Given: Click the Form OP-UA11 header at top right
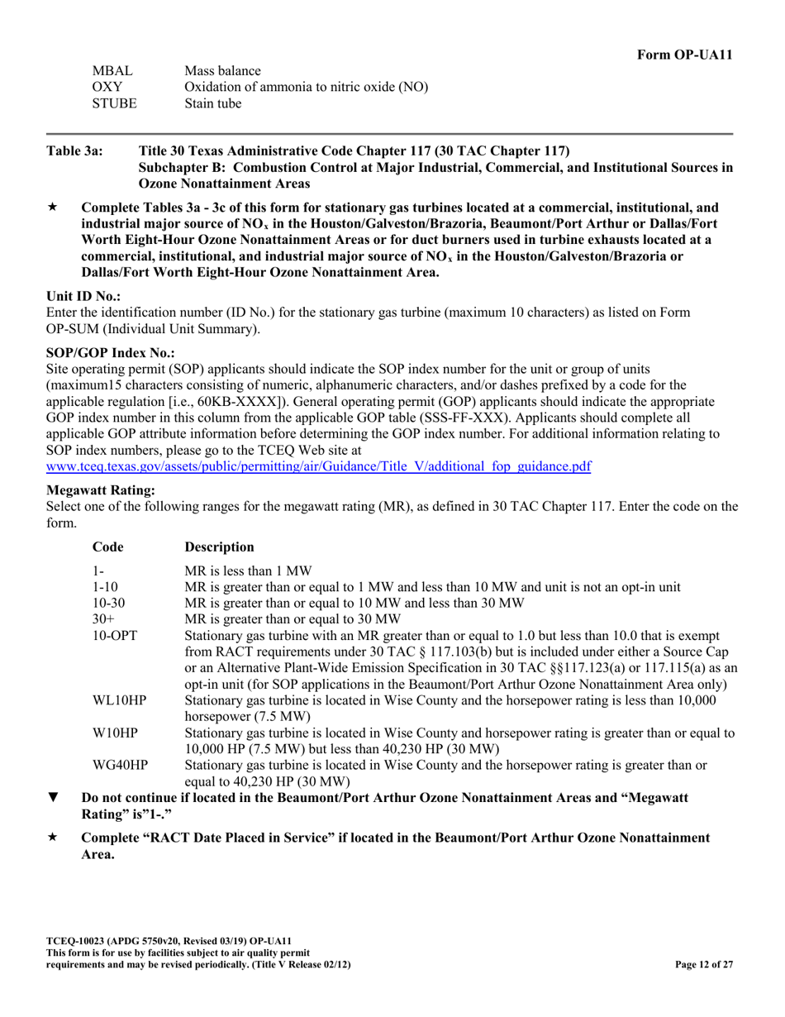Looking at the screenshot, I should [684, 55].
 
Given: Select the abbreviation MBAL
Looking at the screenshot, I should [112, 71].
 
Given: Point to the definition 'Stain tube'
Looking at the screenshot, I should [212, 103].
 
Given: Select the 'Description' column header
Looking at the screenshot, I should [219, 547].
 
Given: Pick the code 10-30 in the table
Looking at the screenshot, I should [109, 603].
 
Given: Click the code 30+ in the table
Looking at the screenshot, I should [103, 618].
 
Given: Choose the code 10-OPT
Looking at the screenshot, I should [113, 635].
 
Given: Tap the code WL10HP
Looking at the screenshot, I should [119, 700].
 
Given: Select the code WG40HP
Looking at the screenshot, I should [120, 766].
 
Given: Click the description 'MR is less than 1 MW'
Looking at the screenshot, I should [248, 571].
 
